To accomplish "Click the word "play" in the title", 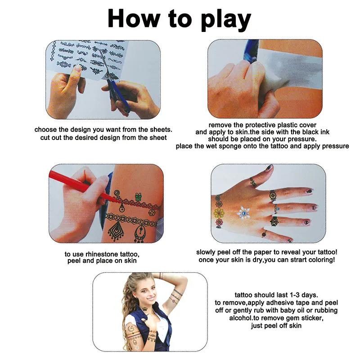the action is (x=226, y=20).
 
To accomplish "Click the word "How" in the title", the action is (x=134, y=18).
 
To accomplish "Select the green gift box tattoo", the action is (x=138, y=197).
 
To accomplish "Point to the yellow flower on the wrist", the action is (x=219, y=214).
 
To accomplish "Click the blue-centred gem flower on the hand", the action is (x=244, y=213).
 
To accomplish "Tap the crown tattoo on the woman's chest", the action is (x=145, y=308).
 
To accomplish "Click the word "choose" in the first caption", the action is (x=46, y=130).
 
